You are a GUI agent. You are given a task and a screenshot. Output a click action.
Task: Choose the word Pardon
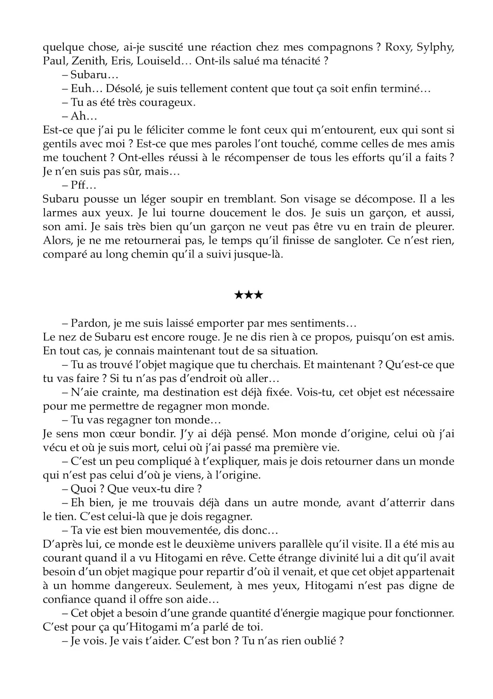tap(89, 323)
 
